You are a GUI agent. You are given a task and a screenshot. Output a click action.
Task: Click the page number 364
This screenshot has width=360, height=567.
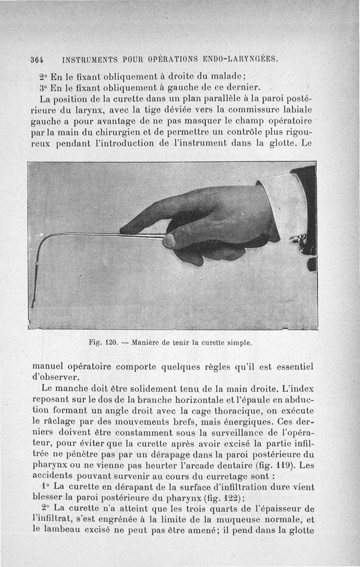tap(36, 59)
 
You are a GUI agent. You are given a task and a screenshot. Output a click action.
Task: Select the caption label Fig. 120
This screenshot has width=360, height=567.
tap(103, 342)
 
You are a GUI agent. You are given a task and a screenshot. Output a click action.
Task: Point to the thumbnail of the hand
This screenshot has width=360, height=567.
tap(169, 241)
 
